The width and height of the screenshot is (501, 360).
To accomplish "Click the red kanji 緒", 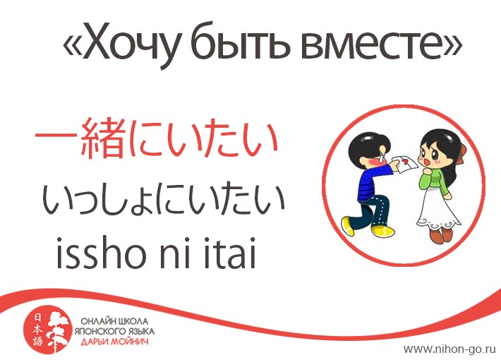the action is (x=102, y=139).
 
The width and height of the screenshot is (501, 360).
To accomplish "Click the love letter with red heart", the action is (x=405, y=163).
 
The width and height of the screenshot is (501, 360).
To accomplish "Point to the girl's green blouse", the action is (x=434, y=180).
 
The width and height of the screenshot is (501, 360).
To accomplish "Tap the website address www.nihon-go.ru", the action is (x=449, y=349).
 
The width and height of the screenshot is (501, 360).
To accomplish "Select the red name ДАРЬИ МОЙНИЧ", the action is (x=114, y=342).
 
